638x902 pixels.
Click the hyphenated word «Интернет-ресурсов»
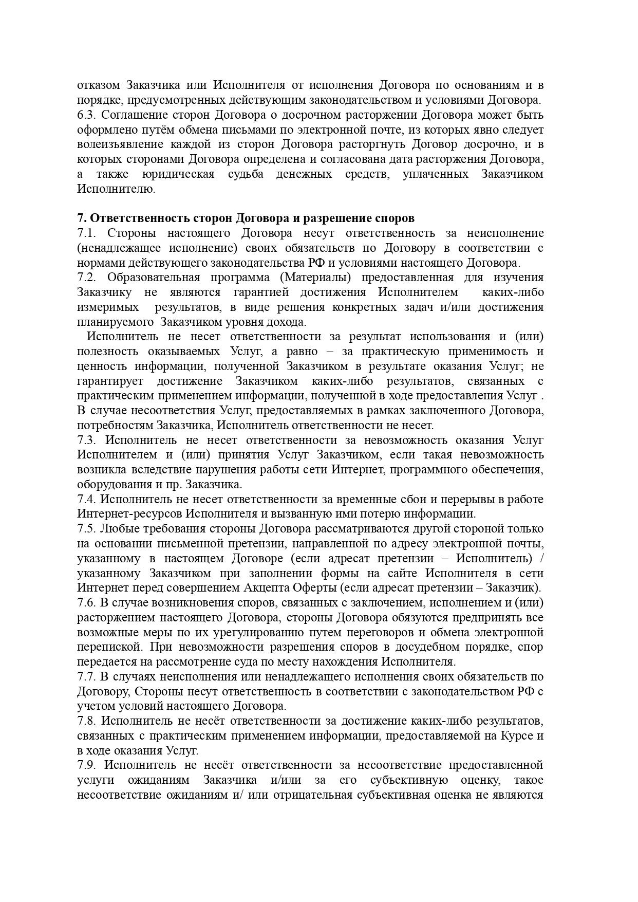pyautogui.click(x=129, y=514)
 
